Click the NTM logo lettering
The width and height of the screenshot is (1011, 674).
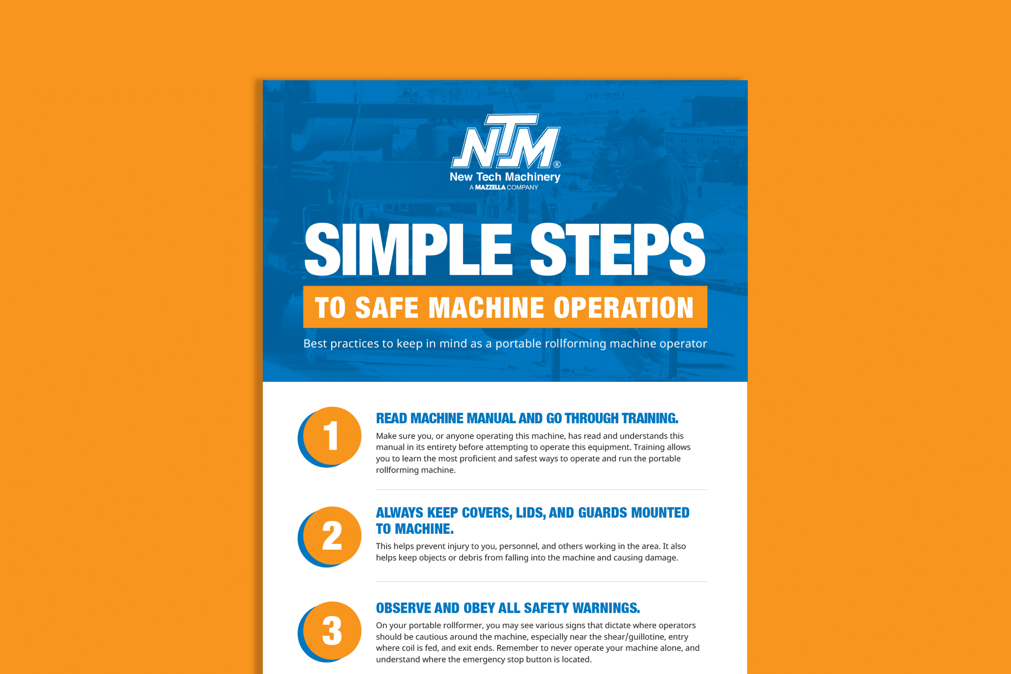pyautogui.click(x=505, y=142)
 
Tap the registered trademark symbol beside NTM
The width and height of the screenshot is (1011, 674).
pyautogui.click(x=557, y=164)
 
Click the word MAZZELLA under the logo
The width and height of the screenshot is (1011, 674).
pyautogui.click(x=490, y=188)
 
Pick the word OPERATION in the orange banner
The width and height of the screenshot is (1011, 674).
pyautogui.click(x=623, y=308)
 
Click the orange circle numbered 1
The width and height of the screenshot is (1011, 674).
pyautogui.click(x=332, y=436)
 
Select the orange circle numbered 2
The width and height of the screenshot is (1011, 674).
pyautogui.click(x=332, y=535)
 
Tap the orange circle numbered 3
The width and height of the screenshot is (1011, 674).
pyautogui.click(x=332, y=631)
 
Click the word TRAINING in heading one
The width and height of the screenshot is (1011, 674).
pyautogui.click(x=650, y=418)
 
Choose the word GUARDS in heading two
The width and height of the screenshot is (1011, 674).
pyautogui.click(x=603, y=513)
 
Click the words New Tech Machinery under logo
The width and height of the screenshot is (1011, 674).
pyautogui.click(x=505, y=176)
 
